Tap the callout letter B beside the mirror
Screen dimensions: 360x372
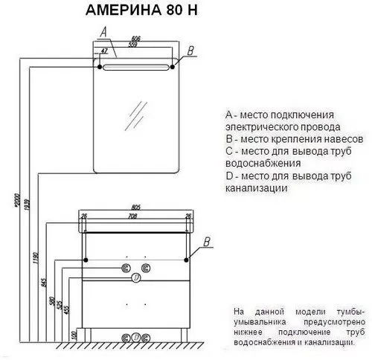click(x=191, y=50)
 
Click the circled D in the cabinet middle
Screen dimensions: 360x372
click(x=136, y=278)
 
